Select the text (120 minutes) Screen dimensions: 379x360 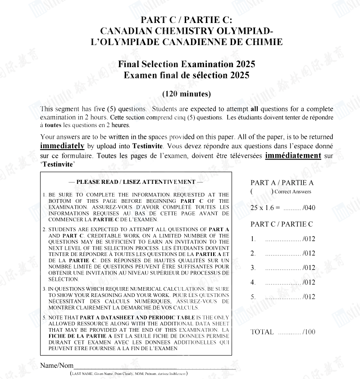187,94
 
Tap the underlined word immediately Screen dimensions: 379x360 62,146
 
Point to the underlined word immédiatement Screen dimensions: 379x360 293,155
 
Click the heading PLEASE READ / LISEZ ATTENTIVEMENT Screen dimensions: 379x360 136,182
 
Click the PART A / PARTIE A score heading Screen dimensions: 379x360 282,183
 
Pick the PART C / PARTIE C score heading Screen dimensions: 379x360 282,224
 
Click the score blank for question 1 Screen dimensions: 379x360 283,239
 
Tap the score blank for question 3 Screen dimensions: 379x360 283,268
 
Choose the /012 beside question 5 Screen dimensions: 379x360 309,297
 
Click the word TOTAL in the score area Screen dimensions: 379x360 262,332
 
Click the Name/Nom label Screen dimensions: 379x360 57,365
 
